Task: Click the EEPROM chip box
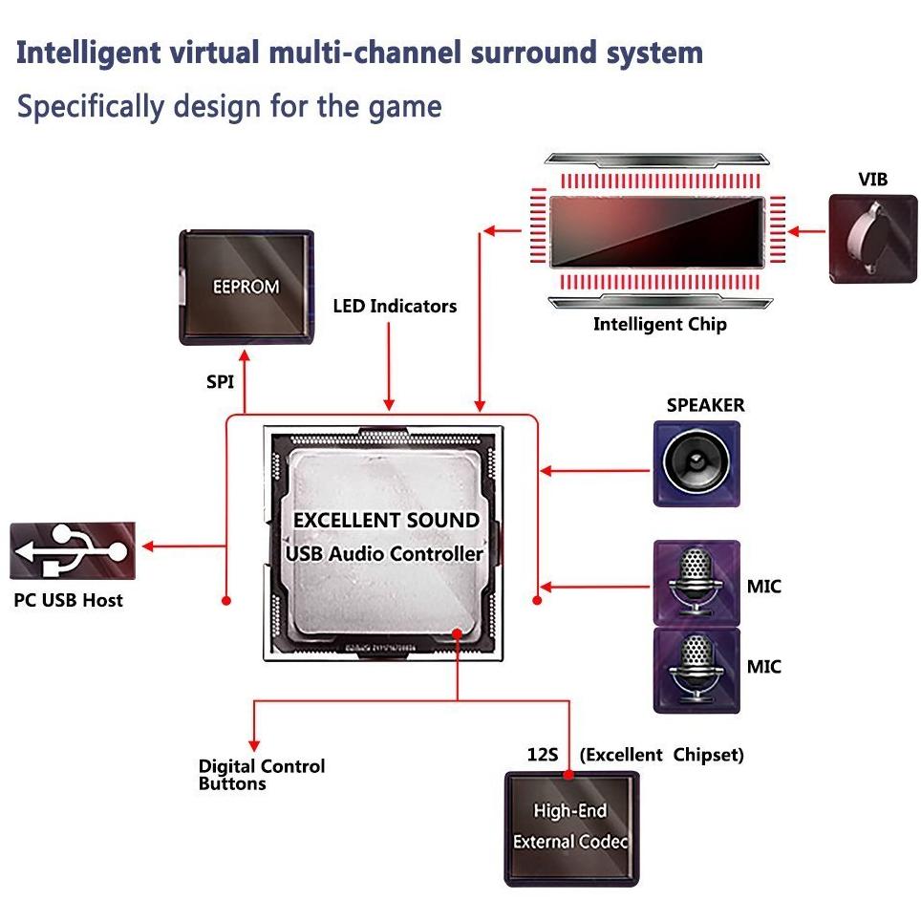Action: pyautogui.click(x=245, y=287)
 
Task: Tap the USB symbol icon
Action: pyautogui.click(x=73, y=550)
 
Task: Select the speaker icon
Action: pyautogui.click(x=696, y=464)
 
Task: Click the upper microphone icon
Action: pyautogui.click(x=696, y=583)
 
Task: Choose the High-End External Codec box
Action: pyautogui.click(x=570, y=827)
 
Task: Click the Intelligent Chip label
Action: pyautogui.click(x=659, y=324)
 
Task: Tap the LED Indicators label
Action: pyautogui.click(x=395, y=307)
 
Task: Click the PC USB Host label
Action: pyautogui.click(x=68, y=601)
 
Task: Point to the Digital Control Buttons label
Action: pyautogui.click(x=261, y=775)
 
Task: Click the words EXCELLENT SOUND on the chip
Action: pyautogui.click(x=386, y=520)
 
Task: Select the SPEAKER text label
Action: pyautogui.click(x=705, y=405)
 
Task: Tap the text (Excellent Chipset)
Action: pyautogui.click(x=661, y=755)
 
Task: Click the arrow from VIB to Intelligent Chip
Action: pyautogui.click(x=808, y=230)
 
